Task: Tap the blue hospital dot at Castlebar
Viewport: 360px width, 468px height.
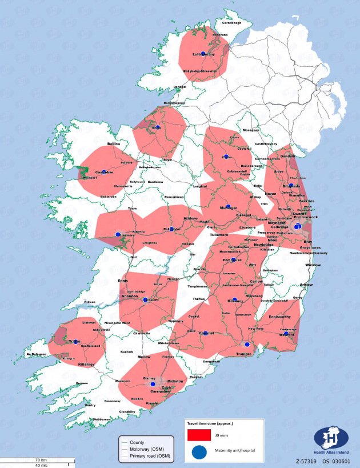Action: [104, 171]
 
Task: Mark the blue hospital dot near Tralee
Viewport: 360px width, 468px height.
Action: [74, 342]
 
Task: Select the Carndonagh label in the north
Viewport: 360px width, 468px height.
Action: [231, 23]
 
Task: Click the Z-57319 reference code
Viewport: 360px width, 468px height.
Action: [307, 461]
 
